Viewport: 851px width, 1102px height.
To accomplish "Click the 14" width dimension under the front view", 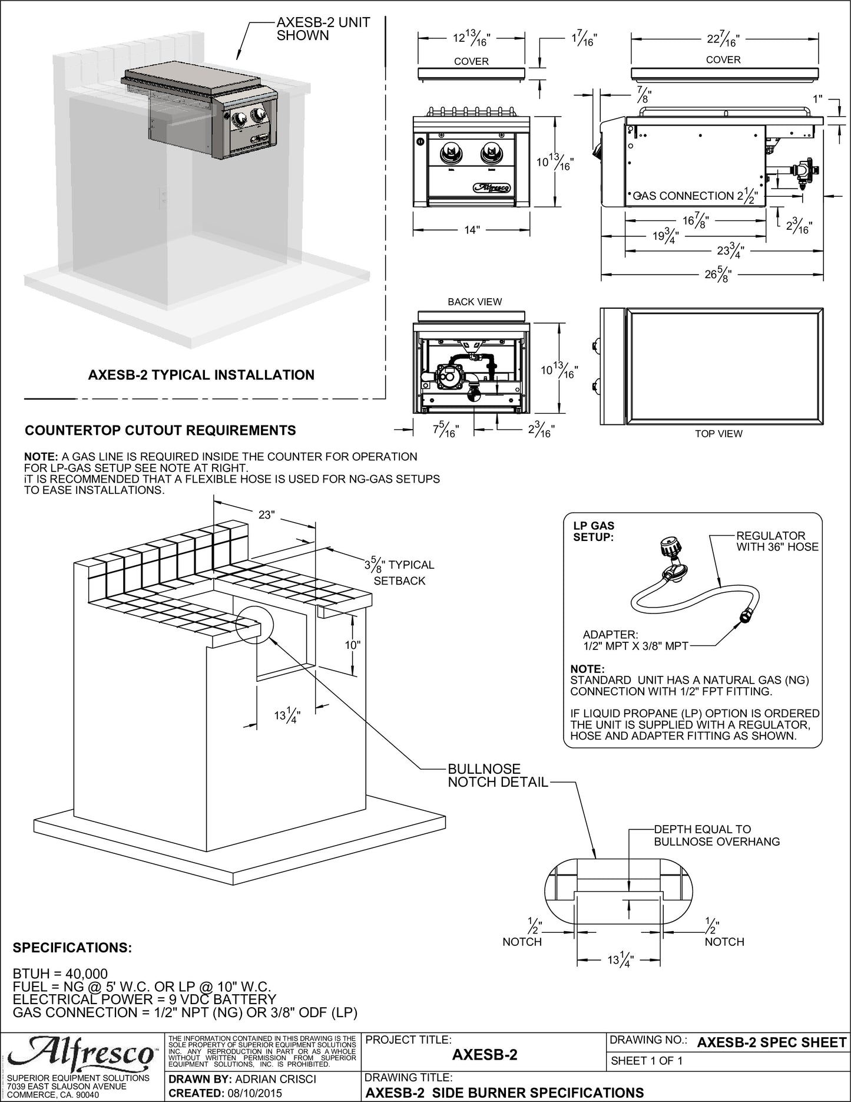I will coord(472,230).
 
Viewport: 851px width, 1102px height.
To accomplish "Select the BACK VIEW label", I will coord(475,302).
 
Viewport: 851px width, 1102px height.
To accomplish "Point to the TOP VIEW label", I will coord(718,434).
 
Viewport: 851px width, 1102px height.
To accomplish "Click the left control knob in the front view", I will coord(452,154).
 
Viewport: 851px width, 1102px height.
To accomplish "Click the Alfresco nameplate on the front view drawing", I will coord(492,189).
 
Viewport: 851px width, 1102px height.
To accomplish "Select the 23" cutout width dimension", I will coord(266,514).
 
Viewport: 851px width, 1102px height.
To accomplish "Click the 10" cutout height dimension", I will coord(353,645).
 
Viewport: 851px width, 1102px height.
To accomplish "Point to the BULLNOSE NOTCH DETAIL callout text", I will coord(498,776).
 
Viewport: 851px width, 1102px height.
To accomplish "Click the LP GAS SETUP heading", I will coord(594,531).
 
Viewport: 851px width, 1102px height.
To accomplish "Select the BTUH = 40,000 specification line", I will coord(60,974).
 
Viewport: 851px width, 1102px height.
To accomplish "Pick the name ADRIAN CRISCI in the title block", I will coord(276,1079).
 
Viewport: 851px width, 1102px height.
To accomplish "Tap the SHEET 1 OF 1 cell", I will coord(647,1061).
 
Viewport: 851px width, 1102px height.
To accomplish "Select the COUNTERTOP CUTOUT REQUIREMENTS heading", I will coord(160,430).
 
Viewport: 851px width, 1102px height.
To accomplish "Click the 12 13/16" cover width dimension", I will coord(471,39).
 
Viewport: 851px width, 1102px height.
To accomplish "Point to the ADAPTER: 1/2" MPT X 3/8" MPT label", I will coord(635,640).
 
